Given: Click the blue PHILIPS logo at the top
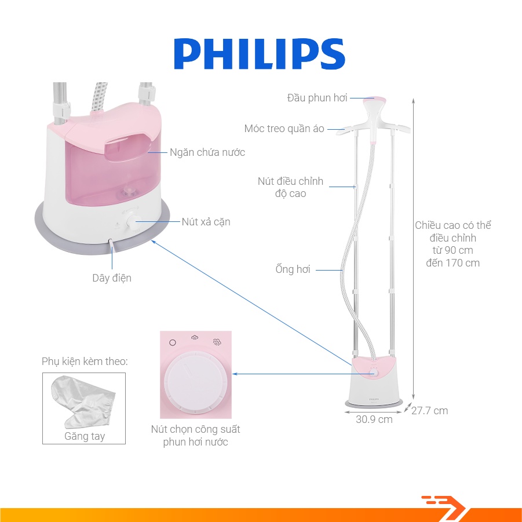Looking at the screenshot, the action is tap(260, 55).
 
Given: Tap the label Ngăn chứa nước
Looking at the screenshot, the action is tap(207, 152).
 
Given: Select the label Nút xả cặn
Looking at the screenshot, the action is tap(206, 222).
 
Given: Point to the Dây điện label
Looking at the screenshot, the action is tap(112, 278).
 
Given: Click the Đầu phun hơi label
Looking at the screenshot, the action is tap(317, 98).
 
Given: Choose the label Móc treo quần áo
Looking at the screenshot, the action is tap(284, 129).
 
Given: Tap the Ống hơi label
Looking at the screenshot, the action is tap(293, 269).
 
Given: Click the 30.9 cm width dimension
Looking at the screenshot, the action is tap(374, 419).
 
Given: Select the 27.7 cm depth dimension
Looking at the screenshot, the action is tap(429, 411).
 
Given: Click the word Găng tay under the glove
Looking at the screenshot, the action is tap(85, 436).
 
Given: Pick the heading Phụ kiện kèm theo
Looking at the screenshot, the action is tap(85, 362).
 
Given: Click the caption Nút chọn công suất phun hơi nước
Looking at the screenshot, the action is tap(195, 436).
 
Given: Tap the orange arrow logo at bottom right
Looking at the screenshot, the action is tap(444, 504).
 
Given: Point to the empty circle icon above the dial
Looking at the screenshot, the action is tap(172, 342).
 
